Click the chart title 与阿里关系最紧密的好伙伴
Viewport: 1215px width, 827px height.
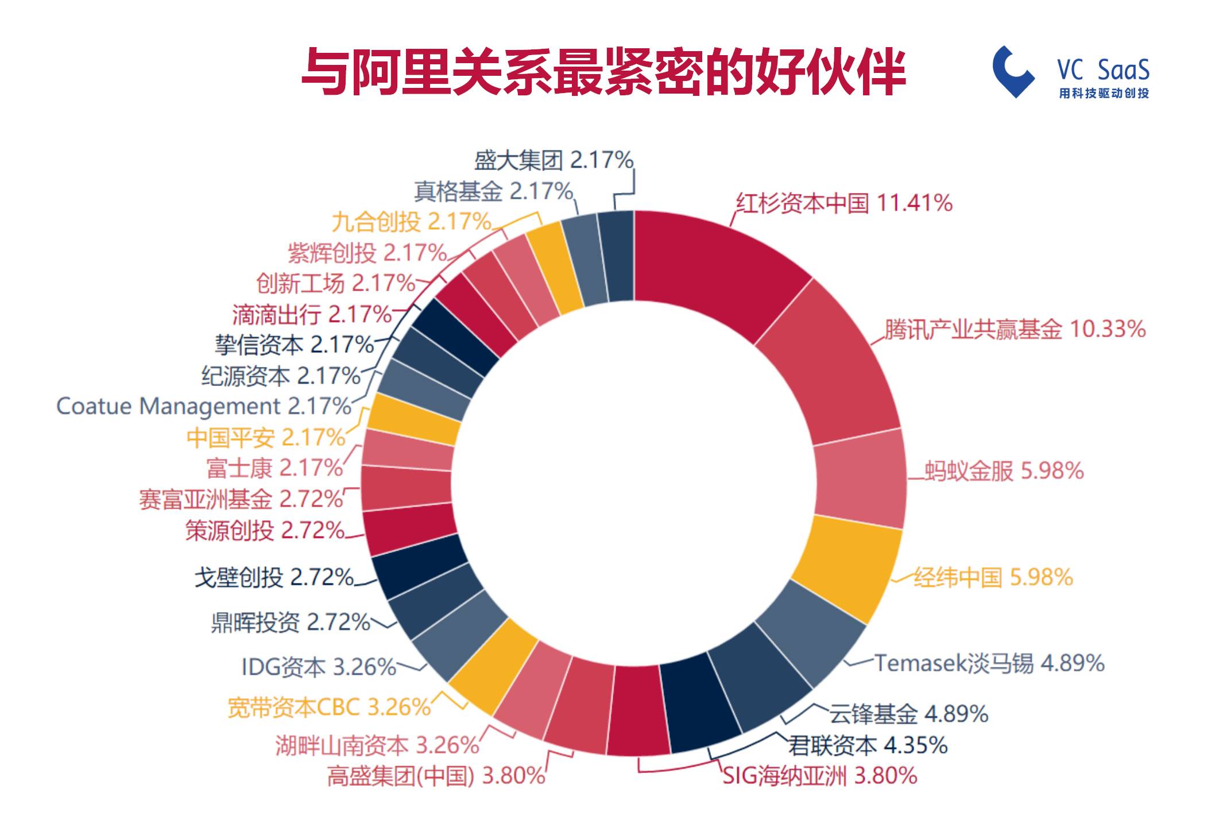(x=603, y=72)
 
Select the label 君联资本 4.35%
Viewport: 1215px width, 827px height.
(x=867, y=745)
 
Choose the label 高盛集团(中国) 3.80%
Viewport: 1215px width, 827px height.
(x=436, y=776)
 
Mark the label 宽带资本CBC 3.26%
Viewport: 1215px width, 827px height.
(x=328, y=707)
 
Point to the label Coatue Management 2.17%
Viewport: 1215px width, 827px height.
(x=203, y=406)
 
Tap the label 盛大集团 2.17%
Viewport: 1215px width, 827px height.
(x=554, y=160)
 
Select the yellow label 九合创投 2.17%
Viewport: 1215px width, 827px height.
(x=411, y=222)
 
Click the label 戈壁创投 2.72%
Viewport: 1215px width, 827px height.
(x=274, y=577)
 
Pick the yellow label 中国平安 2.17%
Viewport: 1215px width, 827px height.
(x=265, y=438)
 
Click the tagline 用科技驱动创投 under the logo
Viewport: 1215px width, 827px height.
(x=1104, y=93)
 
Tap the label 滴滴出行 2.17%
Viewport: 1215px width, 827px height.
(x=312, y=314)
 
